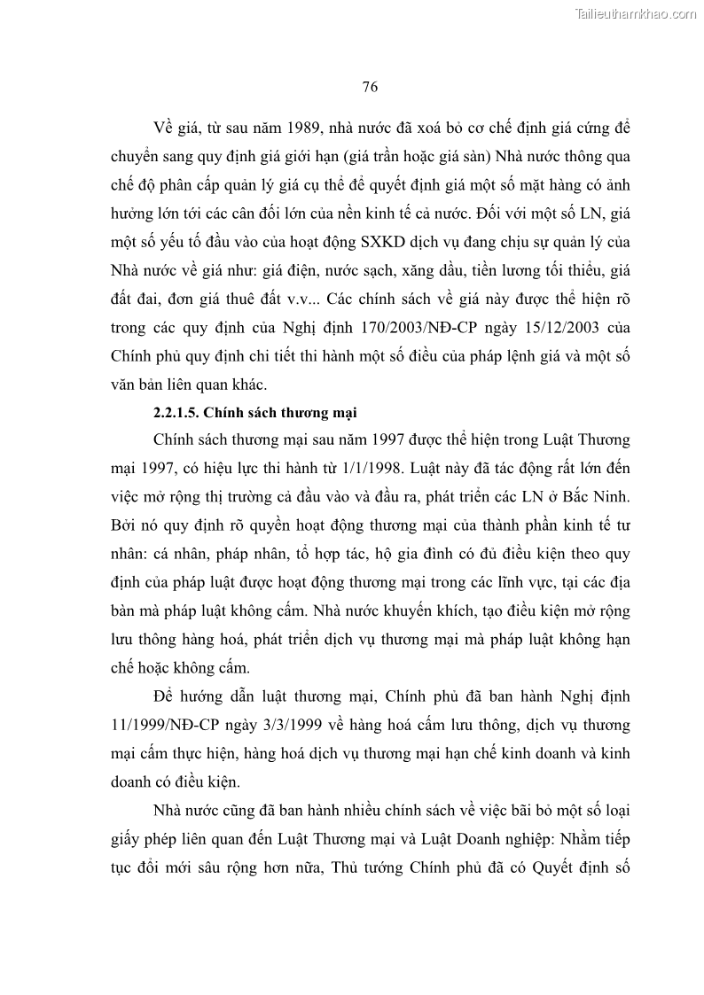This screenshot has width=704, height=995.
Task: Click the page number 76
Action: pos(371,86)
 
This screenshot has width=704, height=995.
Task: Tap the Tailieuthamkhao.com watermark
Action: pos(637,13)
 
